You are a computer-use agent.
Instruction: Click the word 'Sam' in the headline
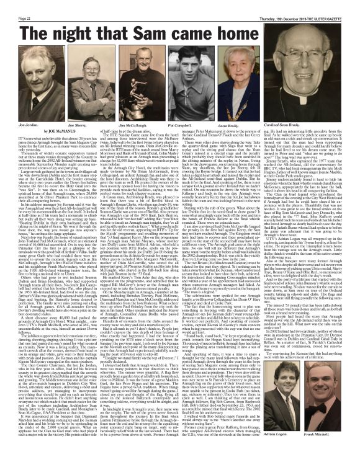[186, 23]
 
